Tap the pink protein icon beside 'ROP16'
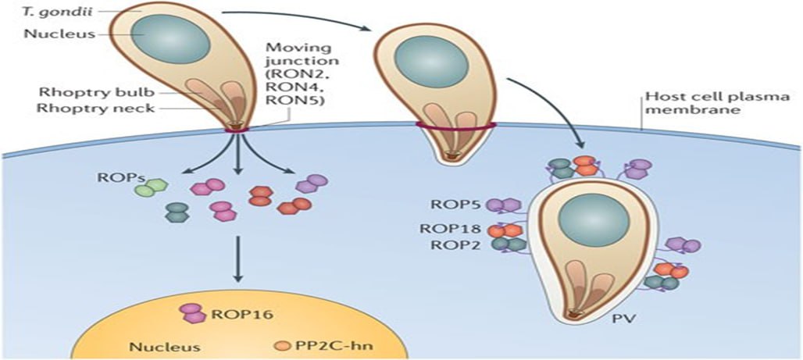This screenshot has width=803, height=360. [192, 314]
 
